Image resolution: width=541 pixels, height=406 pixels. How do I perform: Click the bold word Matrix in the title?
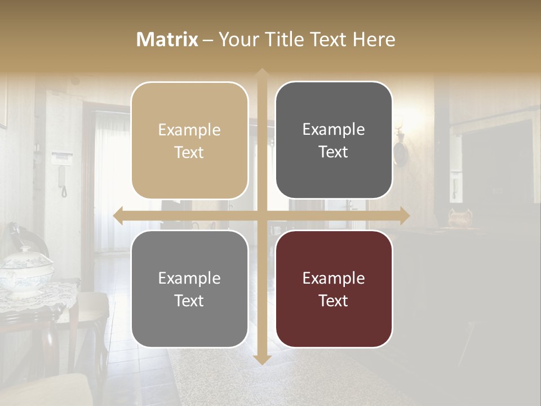click(x=167, y=39)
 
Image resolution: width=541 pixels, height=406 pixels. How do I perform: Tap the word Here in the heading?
click(x=374, y=39)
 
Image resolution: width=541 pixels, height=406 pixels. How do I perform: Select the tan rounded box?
click(x=189, y=140)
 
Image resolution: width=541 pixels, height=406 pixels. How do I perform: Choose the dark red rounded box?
click(x=334, y=289)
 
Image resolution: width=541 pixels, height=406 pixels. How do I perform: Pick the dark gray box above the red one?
click(x=334, y=140)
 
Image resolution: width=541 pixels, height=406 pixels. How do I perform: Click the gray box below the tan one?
click(x=189, y=289)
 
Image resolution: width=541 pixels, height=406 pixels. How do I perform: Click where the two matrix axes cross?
click(x=261, y=215)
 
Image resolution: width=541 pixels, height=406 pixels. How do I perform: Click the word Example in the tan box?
click(x=189, y=130)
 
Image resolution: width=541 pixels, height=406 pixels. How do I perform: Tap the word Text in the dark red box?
click(x=334, y=301)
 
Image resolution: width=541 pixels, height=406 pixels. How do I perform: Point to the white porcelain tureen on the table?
click(x=25, y=271)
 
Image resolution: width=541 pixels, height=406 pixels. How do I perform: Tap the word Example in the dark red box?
click(x=334, y=278)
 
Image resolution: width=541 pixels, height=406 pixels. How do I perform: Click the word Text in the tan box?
click(x=189, y=152)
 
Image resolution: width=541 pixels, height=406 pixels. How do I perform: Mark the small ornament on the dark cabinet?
click(x=459, y=217)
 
